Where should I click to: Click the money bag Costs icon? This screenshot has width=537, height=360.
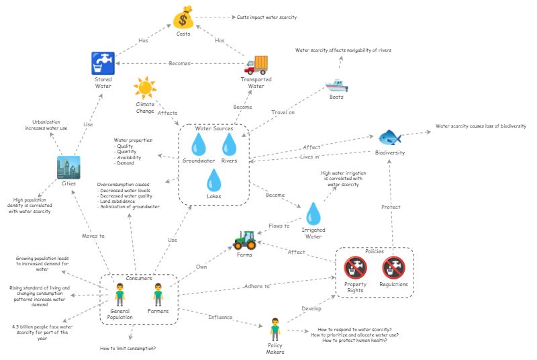(183, 18)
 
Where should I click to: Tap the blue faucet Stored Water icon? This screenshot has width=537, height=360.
(103, 64)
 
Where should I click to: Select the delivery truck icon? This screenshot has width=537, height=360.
(256, 65)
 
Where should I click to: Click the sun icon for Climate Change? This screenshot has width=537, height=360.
(144, 88)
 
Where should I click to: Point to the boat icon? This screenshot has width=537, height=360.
(336, 85)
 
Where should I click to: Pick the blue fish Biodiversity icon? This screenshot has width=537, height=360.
(389, 138)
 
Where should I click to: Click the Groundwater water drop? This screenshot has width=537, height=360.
(199, 144)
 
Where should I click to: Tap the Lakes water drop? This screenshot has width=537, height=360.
(214, 181)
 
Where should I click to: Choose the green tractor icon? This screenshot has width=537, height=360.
(244, 238)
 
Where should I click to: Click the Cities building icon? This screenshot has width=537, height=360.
(68, 167)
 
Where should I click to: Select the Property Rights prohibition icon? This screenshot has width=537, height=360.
(355, 268)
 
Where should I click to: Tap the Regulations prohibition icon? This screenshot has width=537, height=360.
(394, 268)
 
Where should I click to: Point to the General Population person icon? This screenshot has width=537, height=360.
(119, 294)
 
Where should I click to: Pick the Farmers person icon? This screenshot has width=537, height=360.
(158, 294)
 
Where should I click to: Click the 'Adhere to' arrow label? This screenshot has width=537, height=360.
(258, 286)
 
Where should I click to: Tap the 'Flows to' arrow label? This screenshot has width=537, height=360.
(279, 226)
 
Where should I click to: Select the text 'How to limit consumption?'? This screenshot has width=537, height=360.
(128, 348)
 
